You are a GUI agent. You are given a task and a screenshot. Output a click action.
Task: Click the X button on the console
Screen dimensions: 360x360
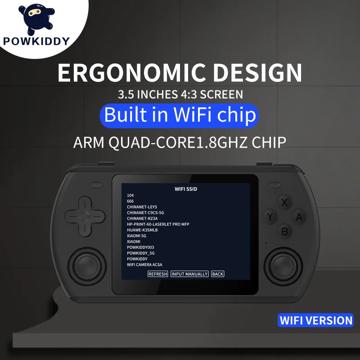coord(284,202)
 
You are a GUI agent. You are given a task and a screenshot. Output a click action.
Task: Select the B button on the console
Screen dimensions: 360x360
coord(284,232)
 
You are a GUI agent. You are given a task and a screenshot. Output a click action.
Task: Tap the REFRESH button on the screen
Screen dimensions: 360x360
coord(157,274)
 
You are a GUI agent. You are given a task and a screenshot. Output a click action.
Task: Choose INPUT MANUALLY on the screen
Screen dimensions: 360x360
coord(189,274)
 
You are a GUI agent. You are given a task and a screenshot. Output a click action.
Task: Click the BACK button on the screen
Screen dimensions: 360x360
coord(217,274)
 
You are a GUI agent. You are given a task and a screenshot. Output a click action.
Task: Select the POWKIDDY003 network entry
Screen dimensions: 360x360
coord(140,247)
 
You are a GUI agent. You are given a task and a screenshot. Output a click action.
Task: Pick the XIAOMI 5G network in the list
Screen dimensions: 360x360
coord(136,236)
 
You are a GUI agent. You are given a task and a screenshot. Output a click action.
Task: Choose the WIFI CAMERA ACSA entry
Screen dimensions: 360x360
coord(144,265)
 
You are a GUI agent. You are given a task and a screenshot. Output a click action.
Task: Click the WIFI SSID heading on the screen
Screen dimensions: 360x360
coord(186,189)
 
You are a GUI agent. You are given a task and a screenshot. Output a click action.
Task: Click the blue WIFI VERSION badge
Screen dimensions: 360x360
coord(316,320)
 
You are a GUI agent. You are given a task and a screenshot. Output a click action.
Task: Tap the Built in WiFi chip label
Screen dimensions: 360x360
coord(180,115)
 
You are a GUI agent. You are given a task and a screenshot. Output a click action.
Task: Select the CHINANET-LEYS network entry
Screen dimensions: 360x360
coord(142,207)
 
